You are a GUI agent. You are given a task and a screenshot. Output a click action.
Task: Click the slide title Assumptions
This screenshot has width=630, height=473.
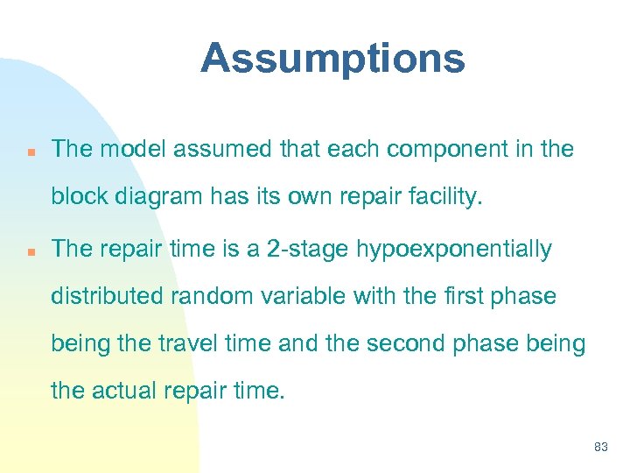332,60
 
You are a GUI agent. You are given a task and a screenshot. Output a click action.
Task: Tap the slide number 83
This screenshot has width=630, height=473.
600,447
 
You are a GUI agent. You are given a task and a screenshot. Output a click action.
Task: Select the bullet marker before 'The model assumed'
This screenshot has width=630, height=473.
30,151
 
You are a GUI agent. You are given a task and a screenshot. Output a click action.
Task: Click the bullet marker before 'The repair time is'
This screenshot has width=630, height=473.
30,251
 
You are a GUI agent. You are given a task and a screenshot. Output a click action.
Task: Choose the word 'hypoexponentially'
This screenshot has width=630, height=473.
453,251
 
